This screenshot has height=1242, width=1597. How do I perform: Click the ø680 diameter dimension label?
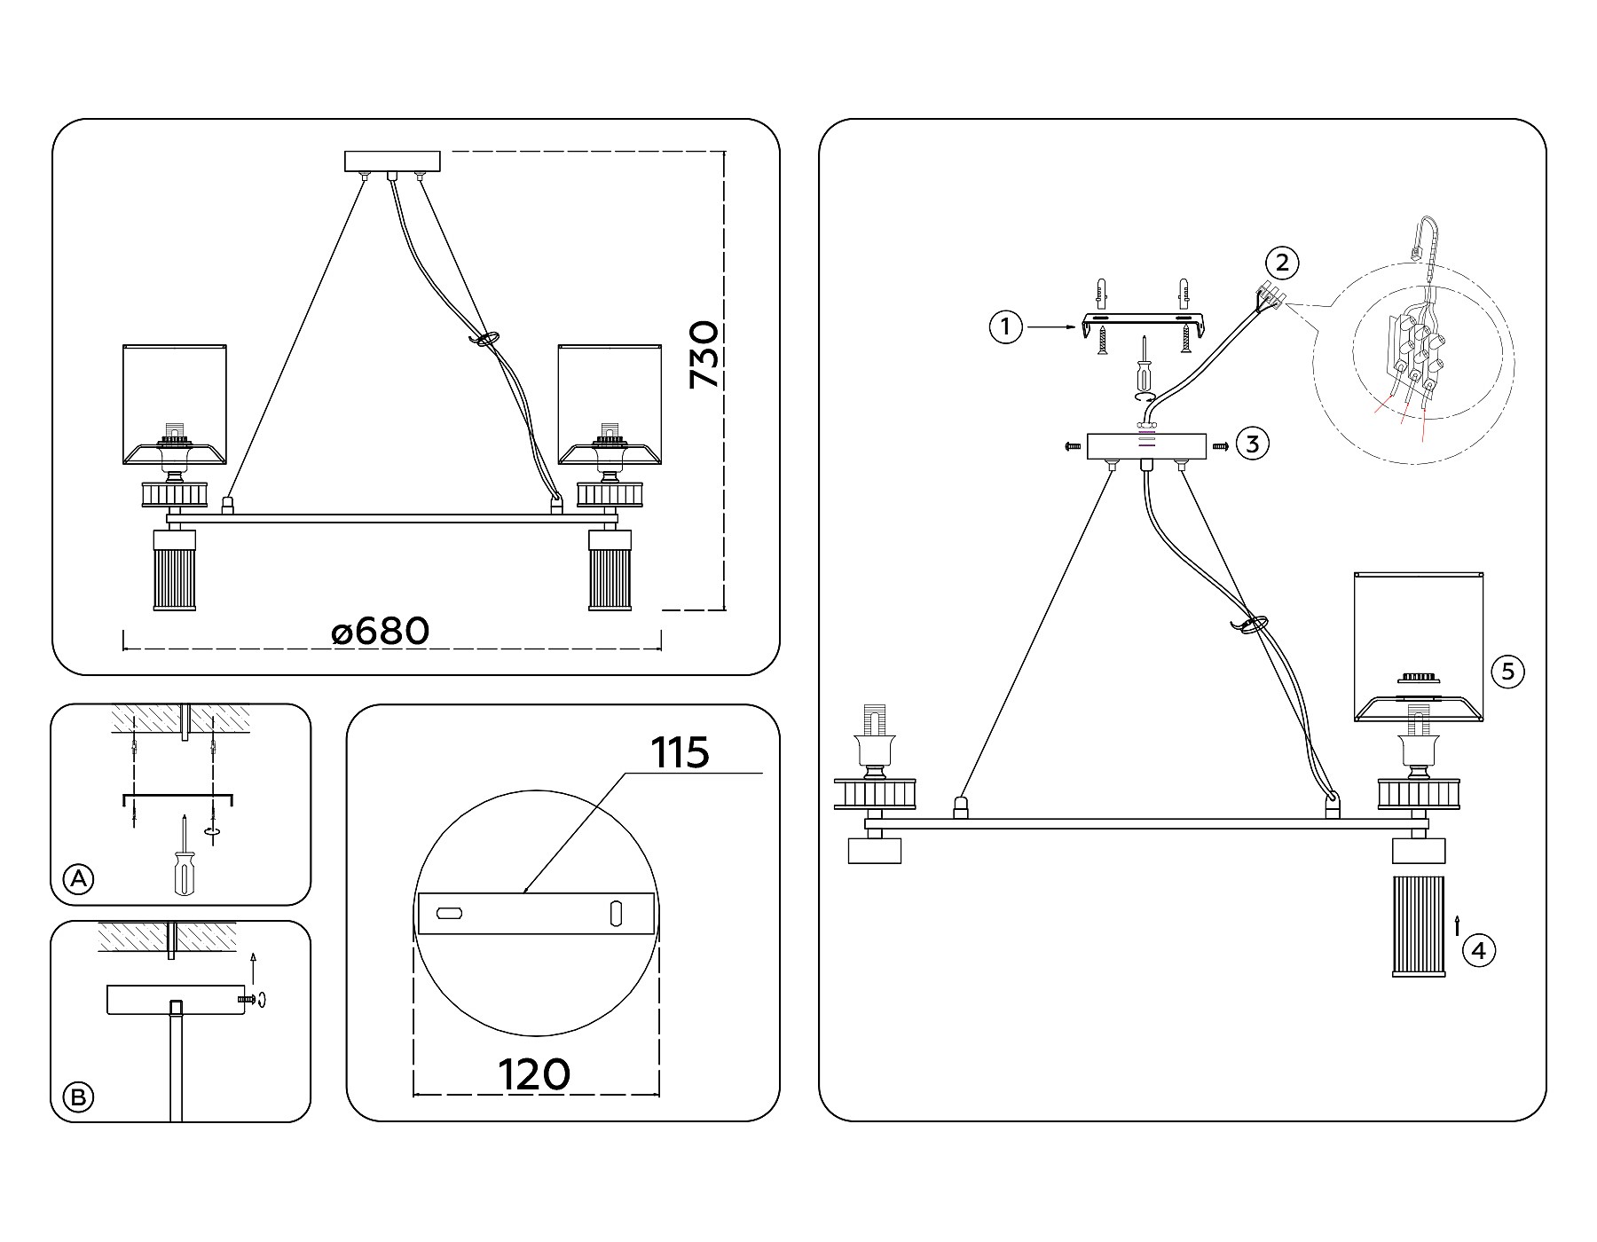[x=381, y=632]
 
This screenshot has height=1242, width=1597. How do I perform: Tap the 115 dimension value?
[x=680, y=753]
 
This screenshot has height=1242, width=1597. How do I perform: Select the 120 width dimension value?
[x=534, y=1075]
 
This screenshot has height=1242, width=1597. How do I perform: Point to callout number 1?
[x=1005, y=327]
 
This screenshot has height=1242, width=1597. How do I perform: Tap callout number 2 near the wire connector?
[x=1282, y=262]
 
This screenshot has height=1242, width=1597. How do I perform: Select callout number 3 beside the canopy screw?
[x=1252, y=444]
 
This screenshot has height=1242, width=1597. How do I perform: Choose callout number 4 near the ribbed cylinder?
[x=1478, y=951]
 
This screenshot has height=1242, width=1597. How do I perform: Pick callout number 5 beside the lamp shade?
[x=1507, y=671]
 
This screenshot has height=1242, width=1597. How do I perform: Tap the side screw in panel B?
[x=248, y=1000]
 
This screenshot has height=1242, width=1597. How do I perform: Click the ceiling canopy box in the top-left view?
[x=392, y=161]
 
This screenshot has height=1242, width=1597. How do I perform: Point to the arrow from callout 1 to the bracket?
[x=1050, y=327]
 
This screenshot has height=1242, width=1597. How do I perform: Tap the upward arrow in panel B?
[x=254, y=969]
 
